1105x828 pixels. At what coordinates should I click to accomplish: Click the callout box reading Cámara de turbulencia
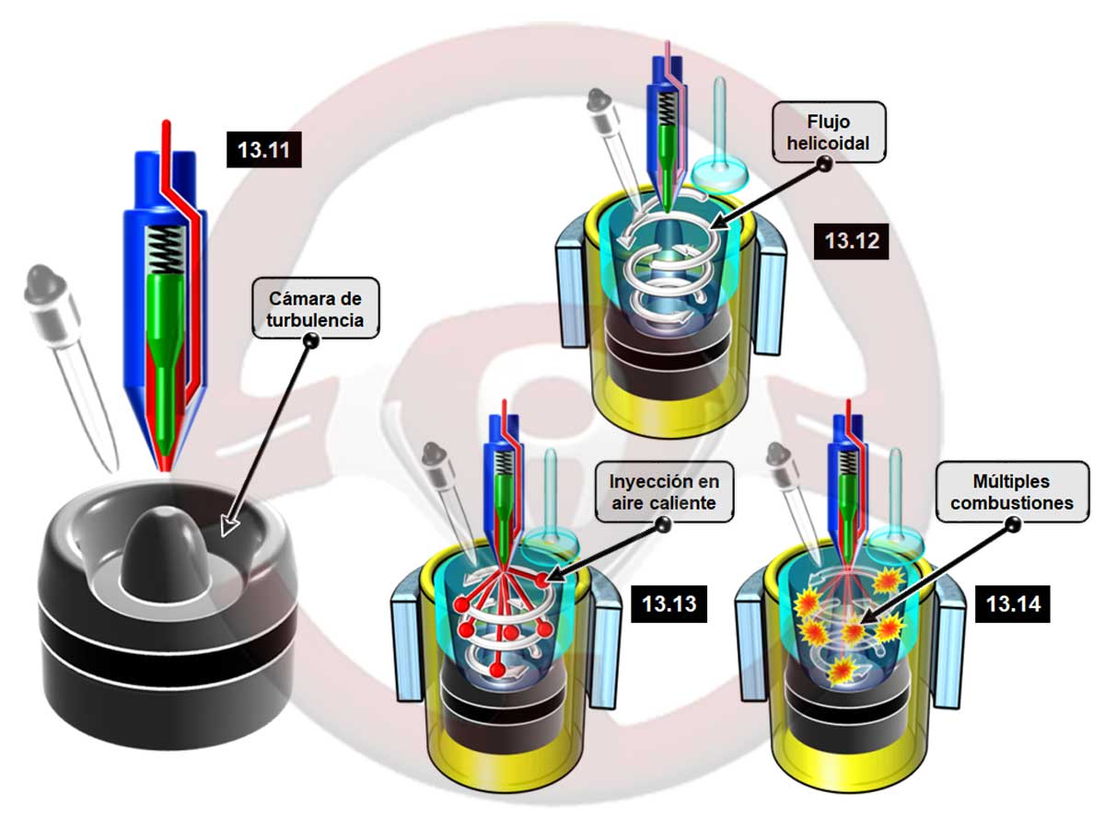point(316,308)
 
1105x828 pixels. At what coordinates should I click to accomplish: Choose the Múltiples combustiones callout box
point(1012,492)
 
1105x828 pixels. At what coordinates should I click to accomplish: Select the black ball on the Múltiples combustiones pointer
point(1012,525)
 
